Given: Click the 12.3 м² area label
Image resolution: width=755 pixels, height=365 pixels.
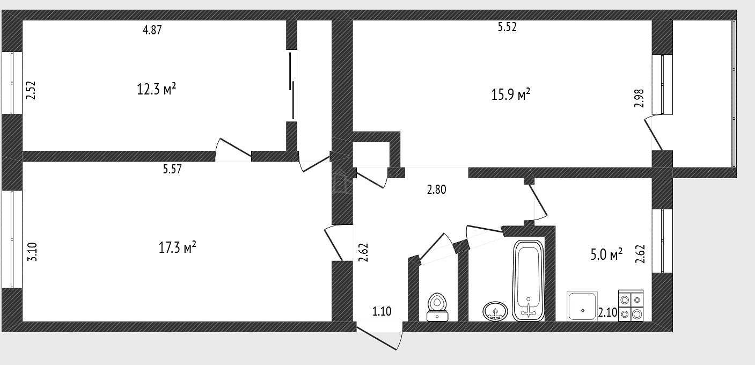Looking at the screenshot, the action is point(156,89).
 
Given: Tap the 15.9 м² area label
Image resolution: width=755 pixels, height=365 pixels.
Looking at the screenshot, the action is point(511,94).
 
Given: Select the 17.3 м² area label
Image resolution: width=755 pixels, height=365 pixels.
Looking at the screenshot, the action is point(177,247).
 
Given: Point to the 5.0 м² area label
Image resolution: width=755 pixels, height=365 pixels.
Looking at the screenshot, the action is point(606,254).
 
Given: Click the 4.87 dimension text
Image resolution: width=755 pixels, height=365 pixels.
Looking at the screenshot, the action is point(152,30).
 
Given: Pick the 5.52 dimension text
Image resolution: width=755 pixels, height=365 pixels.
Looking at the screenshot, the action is point(507,27).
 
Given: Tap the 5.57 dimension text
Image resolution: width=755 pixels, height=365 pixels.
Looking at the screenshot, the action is point(172,169).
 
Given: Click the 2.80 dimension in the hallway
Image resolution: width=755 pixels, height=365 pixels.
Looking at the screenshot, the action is point(436,189).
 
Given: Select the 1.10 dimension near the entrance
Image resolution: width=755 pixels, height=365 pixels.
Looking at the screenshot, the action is point(382,311).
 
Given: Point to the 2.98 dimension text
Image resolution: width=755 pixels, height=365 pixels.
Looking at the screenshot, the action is point(639,98).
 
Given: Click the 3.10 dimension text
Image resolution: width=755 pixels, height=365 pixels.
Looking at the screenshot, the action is point(32,252).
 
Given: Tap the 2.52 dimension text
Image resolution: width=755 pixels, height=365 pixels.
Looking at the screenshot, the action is point(31,90).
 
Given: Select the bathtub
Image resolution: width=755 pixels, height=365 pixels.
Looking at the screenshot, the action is point(528,280).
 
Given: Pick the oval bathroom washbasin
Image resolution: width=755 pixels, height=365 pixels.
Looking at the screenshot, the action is point(495,311).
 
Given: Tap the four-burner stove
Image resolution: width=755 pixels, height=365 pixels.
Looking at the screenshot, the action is point(631,305).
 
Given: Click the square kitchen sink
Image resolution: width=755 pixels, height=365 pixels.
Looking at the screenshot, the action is point(582,306).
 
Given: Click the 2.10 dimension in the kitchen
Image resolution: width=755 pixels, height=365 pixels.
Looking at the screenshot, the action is point(608,313).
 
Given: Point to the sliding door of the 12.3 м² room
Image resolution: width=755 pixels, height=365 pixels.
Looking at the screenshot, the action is point(291,85).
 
